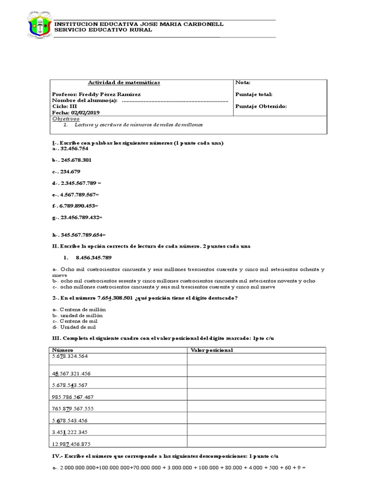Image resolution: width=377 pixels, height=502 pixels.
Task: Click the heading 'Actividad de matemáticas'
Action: click(x=123, y=82)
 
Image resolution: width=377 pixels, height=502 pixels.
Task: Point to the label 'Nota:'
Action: click(x=243, y=82)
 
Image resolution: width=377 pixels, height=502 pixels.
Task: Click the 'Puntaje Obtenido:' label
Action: click(x=261, y=106)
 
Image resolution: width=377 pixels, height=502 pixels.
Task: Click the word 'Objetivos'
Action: click(x=65, y=119)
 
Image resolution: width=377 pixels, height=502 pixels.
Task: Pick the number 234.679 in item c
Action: click(x=70, y=172)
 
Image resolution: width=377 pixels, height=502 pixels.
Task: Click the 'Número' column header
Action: click(x=62, y=350)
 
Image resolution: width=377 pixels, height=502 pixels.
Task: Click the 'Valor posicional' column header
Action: click(x=211, y=350)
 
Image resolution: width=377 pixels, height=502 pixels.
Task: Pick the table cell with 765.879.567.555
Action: click(x=72, y=408)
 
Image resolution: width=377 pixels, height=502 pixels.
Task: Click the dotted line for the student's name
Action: click(x=174, y=100)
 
